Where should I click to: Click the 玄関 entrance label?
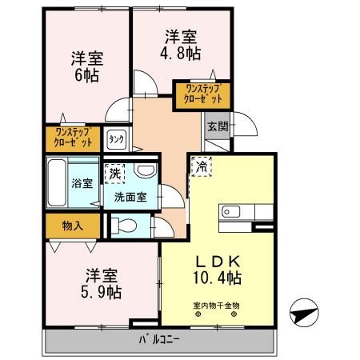(217, 126)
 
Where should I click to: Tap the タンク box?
(116, 139)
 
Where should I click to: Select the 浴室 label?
(82, 182)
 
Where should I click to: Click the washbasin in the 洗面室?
(146, 173)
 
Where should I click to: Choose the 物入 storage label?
(73, 226)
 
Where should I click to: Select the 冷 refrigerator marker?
(202, 168)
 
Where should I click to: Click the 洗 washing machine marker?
(115, 174)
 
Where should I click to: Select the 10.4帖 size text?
(218, 278)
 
